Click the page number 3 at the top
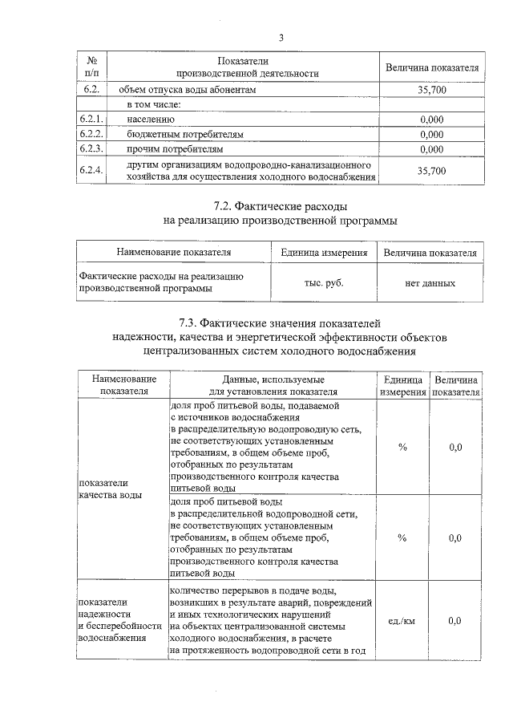click(x=281, y=37)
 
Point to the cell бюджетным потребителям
click(x=184, y=134)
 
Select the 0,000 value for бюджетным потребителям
click(x=431, y=134)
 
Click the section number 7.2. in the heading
click(x=228, y=206)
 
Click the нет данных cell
click(x=430, y=282)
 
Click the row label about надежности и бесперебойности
click(x=112, y=619)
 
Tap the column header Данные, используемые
click(x=273, y=378)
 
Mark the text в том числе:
click(x=156, y=104)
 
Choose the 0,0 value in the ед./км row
click(x=454, y=621)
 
